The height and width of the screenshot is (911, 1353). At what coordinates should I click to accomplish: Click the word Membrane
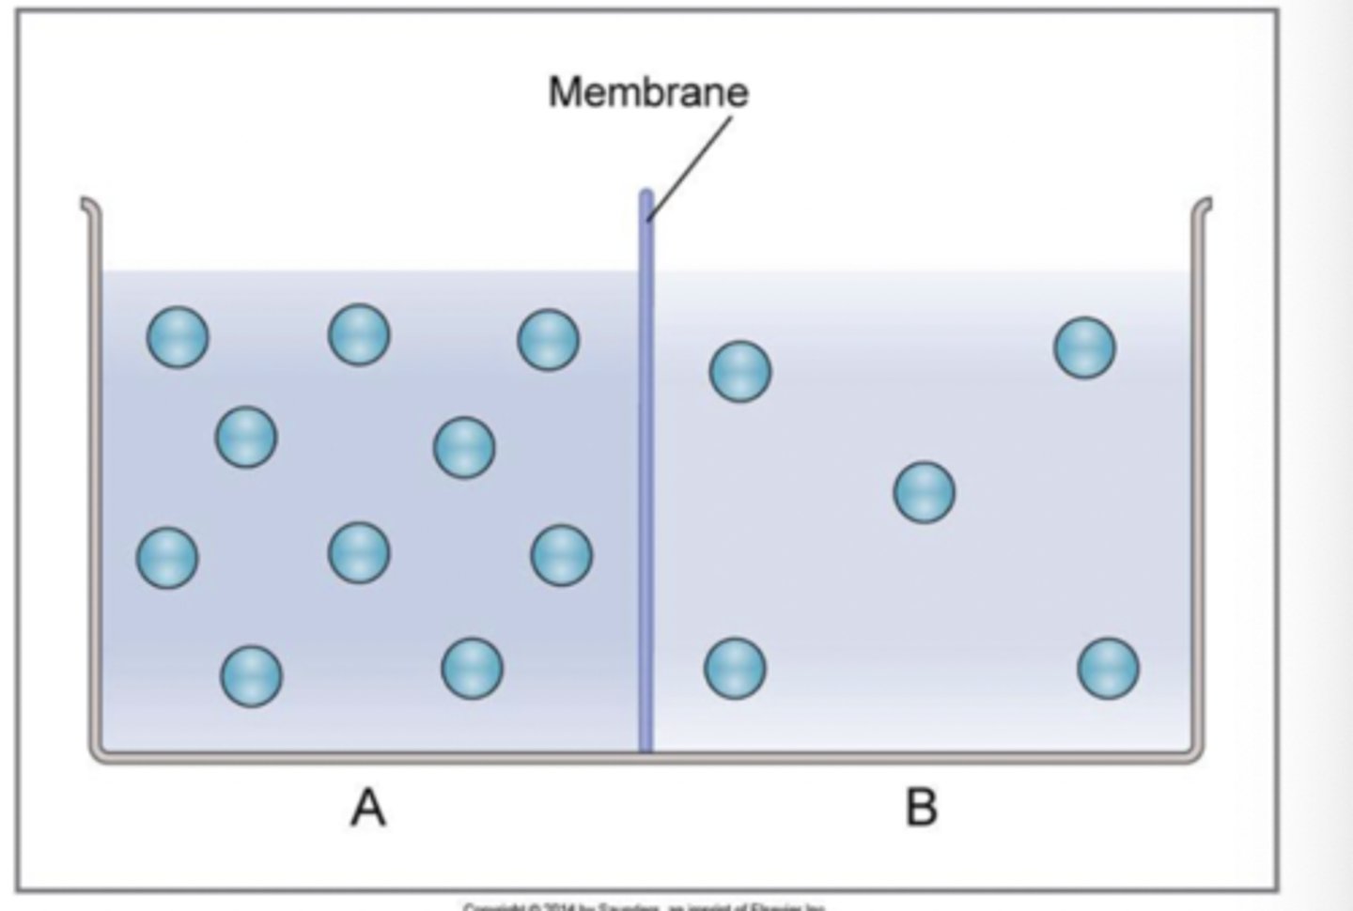(648, 92)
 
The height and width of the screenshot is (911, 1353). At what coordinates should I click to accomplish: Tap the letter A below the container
(368, 808)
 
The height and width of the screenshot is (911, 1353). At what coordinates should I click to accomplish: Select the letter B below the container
(921, 808)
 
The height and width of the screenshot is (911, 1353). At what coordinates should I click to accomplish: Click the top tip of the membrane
(646, 195)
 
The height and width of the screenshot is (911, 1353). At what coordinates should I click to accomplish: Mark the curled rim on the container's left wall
(87, 204)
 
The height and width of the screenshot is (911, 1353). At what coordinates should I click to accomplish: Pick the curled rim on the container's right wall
(1205, 204)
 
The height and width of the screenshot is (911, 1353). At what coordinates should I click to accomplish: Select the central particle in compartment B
(925, 492)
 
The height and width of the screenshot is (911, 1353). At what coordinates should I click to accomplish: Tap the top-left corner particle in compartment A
(178, 336)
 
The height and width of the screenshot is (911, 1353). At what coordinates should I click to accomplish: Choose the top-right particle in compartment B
(1085, 347)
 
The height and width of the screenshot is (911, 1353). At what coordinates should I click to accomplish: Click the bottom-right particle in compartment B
(1109, 669)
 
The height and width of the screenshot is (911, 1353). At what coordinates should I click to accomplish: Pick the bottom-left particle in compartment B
(735, 669)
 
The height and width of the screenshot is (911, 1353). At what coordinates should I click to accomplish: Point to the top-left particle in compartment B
(740, 371)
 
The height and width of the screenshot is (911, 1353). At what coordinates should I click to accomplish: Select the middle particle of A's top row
(359, 334)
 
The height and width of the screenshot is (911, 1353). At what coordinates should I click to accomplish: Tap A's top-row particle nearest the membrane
(549, 340)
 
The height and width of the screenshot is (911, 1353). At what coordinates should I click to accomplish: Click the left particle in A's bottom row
(251, 675)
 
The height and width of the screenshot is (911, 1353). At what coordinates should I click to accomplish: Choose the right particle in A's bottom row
(472, 668)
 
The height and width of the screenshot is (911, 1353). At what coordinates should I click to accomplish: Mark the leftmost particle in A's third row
(167, 558)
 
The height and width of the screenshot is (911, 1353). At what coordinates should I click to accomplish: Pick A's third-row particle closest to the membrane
(562, 555)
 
